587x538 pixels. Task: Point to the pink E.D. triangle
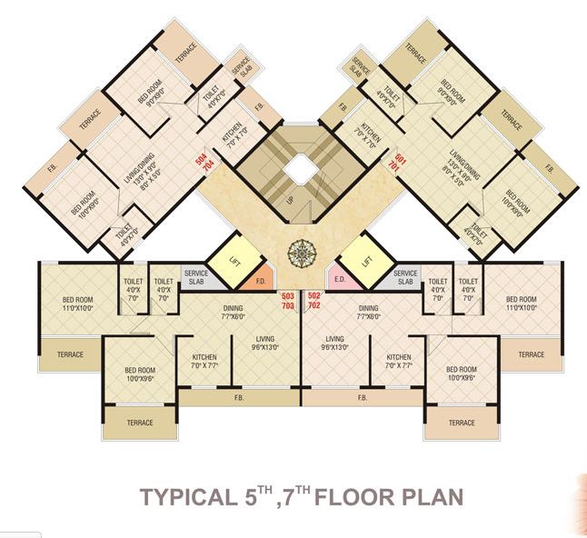pyautogui.click(x=339, y=280)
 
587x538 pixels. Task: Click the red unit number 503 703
pyautogui.click(x=288, y=302)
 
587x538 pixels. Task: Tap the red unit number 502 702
pyautogui.click(x=314, y=302)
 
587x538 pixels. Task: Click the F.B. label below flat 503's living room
pyautogui.click(x=238, y=398)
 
